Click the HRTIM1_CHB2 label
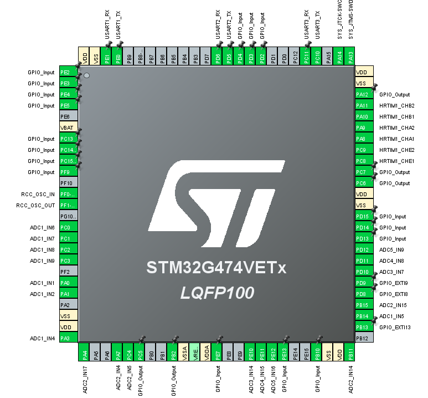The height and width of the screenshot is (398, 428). (397, 106)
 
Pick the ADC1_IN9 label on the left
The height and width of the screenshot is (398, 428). (42, 261)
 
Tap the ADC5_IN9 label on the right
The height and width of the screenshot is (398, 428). (393, 250)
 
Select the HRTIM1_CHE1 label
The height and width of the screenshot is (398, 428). (397, 161)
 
